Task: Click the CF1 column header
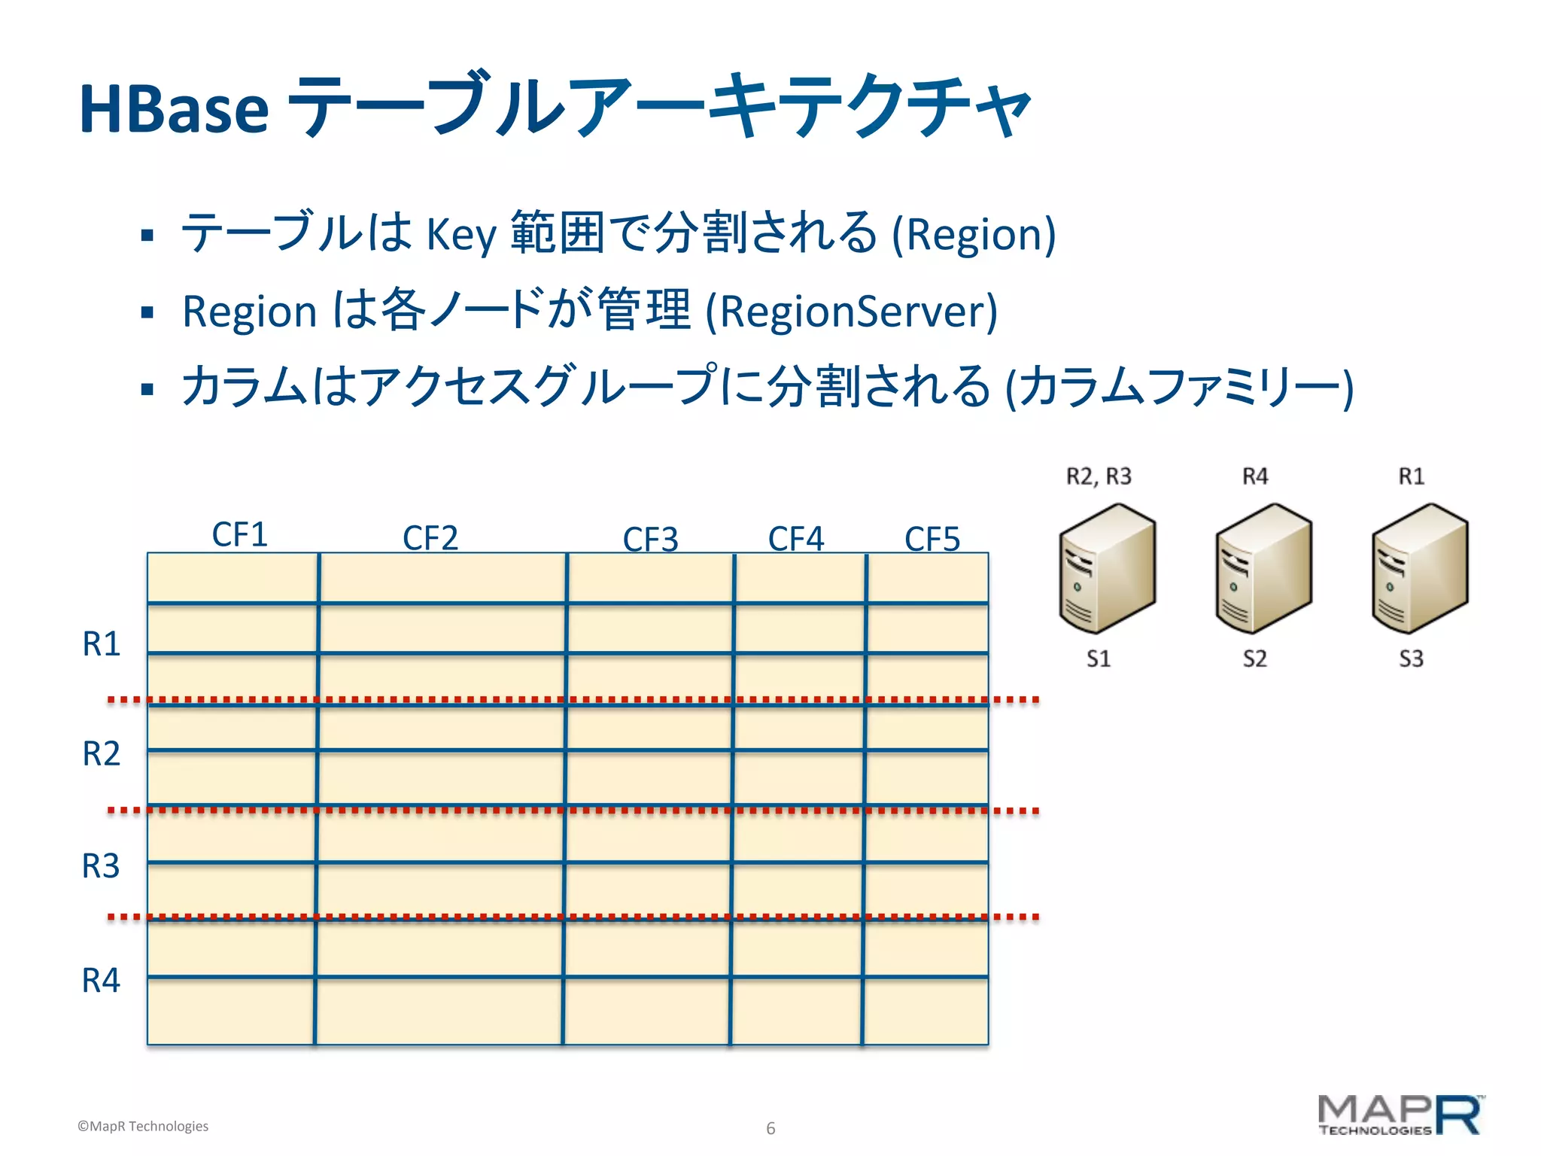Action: pyautogui.click(x=240, y=535)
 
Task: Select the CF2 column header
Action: pyautogui.click(x=430, y=538)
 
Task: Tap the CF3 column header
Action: pyautogui.click(x=651, y=540)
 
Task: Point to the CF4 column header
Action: pyautogui.click(x=796, y=539)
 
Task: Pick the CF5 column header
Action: pyautogui.click(x=932, y=539)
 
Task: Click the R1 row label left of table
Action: pyautogui.click(x=102, y=644)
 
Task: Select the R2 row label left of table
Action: pyautogui.click(x=102, y=754)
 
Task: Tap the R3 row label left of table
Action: pyautogui.click(x=102, y=866)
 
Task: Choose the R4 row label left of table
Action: pyautogui.click(x=102, y=981)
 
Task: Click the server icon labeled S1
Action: pyautogui.click(x=1107, y=568)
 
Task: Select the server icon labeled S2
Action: pyautogui.click(x=1263, y=568)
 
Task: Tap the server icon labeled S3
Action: pyautogui.click(x=1420, y=568)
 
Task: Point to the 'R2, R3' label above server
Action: pyautogui.click(x=1099, y=476)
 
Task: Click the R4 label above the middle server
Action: pyautogui.click(x=1255, y=476)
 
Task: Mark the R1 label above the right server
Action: pyautogui.click(x=1412, y=476)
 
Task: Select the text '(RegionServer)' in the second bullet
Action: pyautogui.click(x=851, y=312)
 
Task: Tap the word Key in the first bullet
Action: pyautogui.click(x=461, y=234)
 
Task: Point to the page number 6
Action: pyautogui.click(x=770, y=1128)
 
